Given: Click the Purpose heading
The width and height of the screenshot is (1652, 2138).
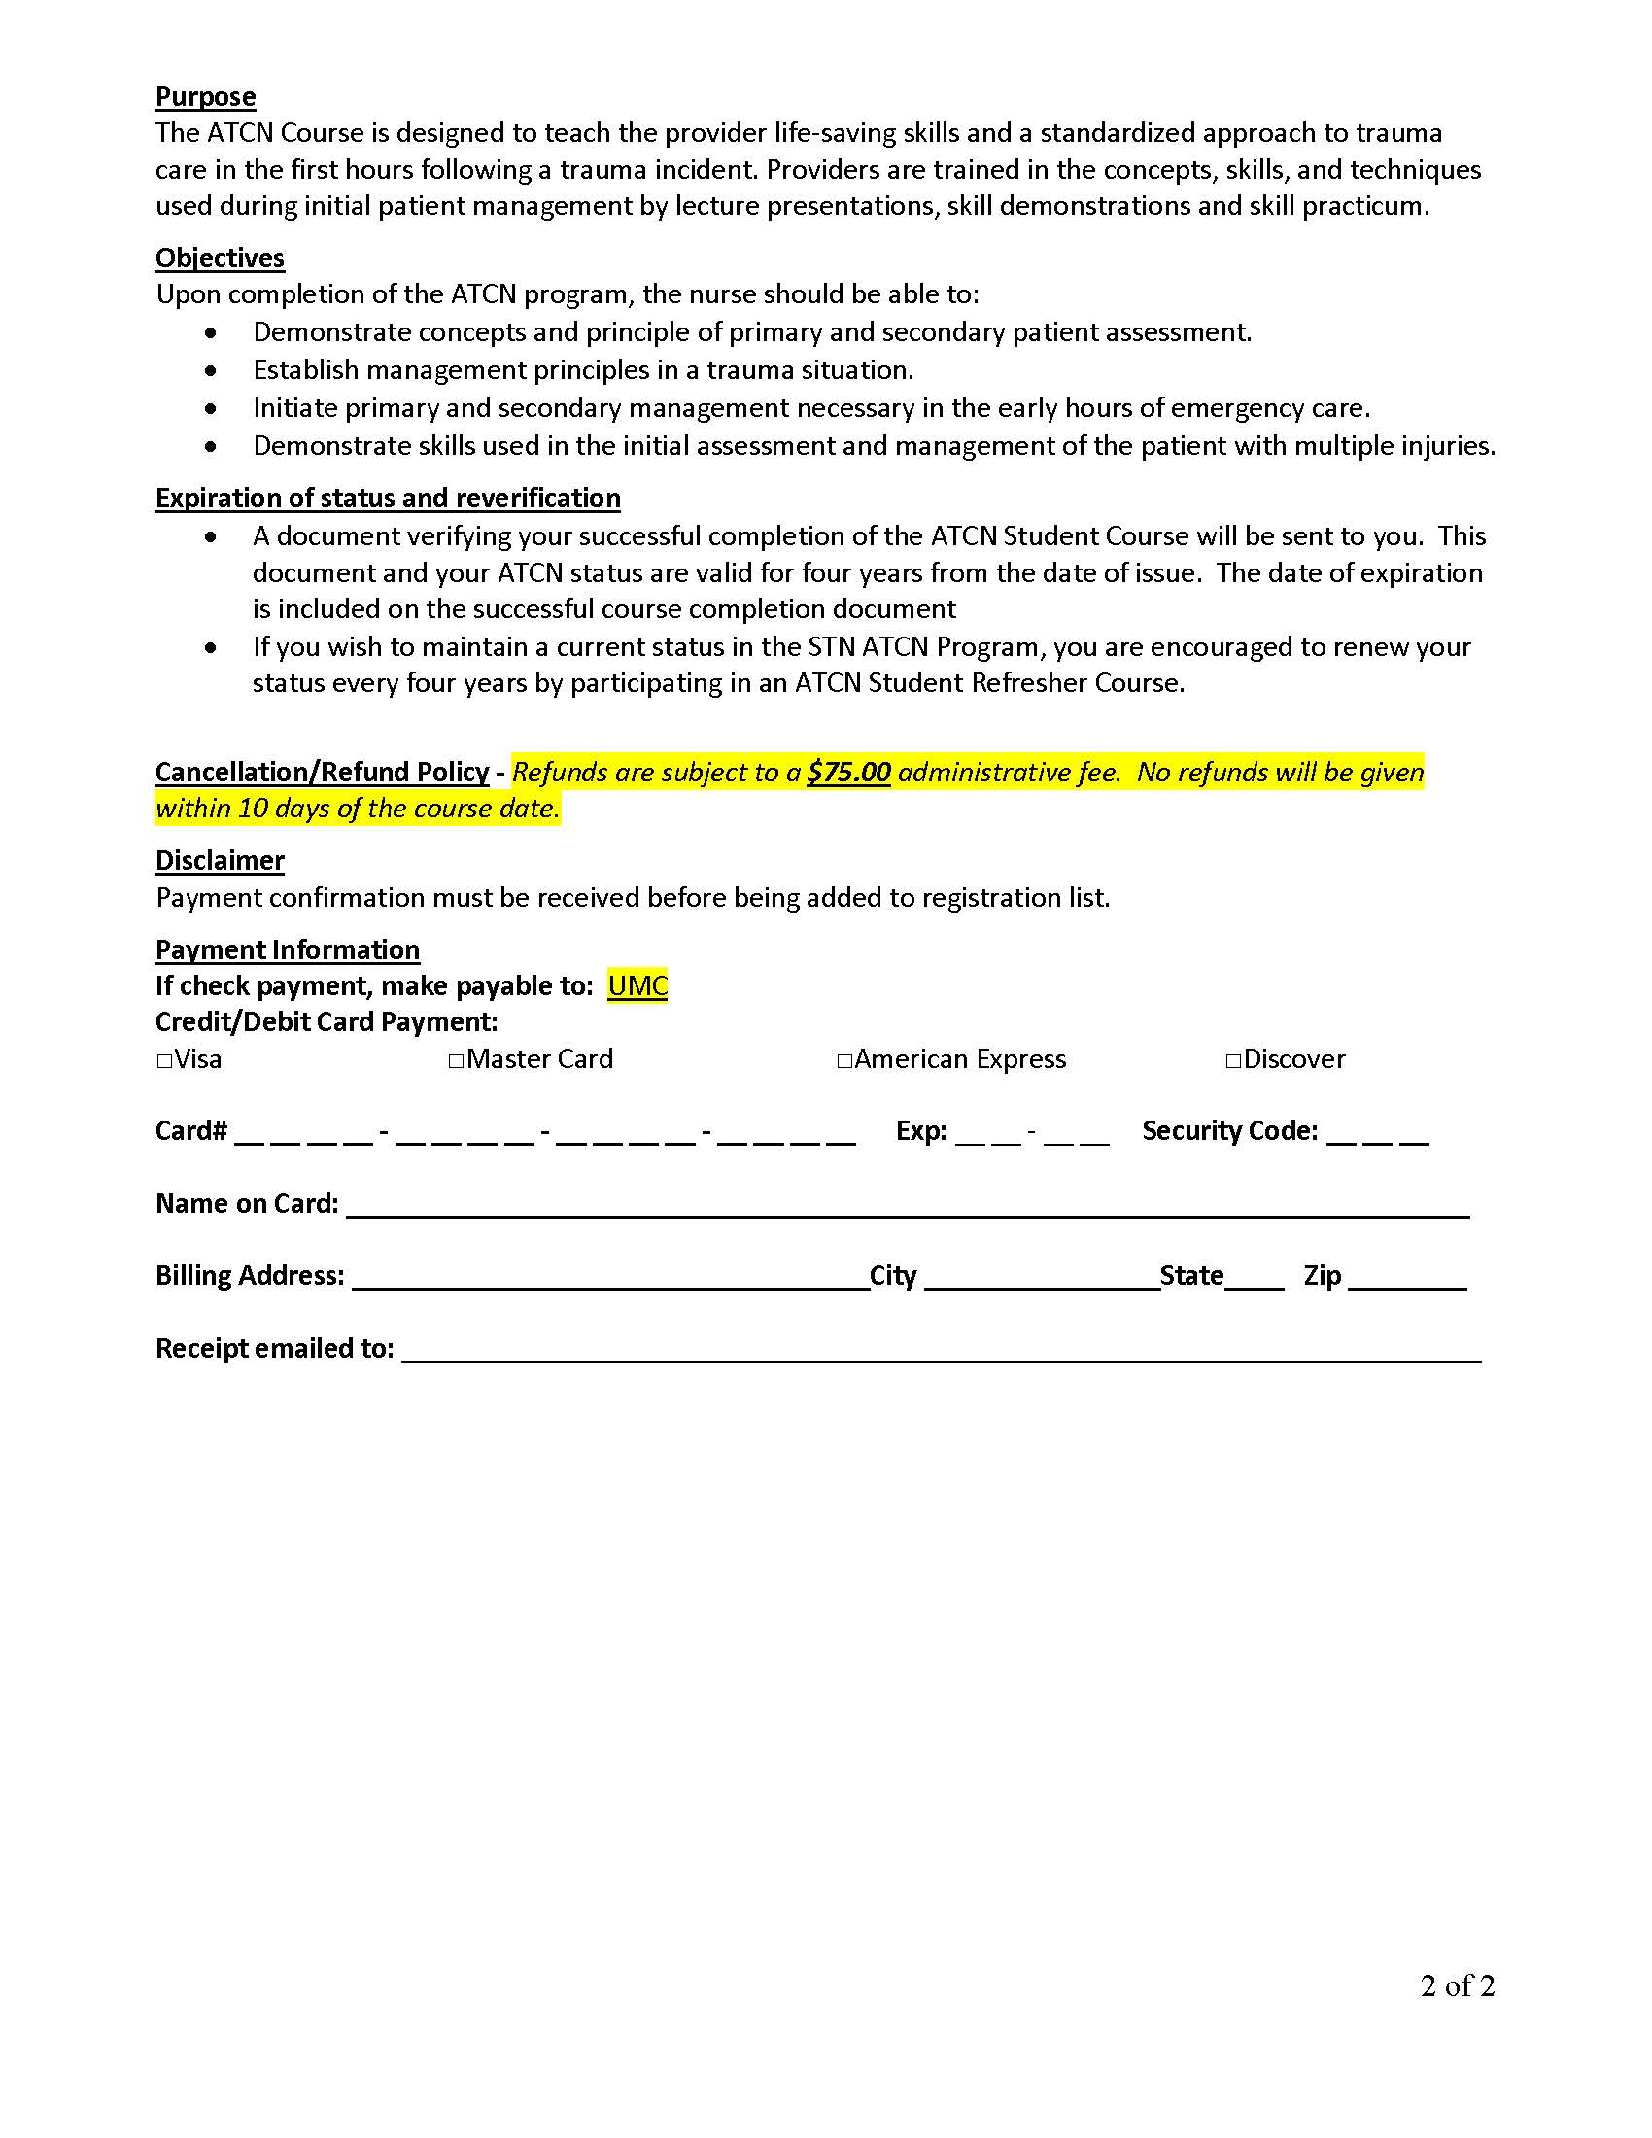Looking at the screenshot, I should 205,97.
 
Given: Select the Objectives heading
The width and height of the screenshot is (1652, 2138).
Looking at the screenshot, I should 221,258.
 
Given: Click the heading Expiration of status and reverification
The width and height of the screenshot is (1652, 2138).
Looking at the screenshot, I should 388,499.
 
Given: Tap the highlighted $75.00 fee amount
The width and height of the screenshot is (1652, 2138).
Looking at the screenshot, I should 848,773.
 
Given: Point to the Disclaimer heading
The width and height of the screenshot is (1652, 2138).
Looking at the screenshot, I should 221,860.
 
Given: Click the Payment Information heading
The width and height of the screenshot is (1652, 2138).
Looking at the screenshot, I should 288,949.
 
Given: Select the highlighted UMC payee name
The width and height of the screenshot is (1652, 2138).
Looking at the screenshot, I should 637,985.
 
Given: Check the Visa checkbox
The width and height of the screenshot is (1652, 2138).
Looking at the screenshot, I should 164,1060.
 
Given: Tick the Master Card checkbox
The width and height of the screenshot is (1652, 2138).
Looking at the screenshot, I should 456,1060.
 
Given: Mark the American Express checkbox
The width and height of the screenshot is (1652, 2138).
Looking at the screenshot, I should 844,1060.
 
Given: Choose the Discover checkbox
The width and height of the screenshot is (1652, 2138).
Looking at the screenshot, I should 1233,1060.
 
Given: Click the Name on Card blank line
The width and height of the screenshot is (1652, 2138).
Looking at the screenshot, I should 908,1206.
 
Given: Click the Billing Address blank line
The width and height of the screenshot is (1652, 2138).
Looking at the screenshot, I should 609,1279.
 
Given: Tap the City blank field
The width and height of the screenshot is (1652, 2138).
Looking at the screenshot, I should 1041,1279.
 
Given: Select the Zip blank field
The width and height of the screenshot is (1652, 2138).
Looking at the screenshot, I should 1406,1279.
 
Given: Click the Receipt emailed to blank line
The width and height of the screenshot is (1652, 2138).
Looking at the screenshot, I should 941,1351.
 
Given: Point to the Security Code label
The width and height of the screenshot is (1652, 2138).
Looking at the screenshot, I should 1229,1131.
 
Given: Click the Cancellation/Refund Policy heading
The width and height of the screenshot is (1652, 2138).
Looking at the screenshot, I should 322,773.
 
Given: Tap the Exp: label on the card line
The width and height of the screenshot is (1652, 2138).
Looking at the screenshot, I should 921,1131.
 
